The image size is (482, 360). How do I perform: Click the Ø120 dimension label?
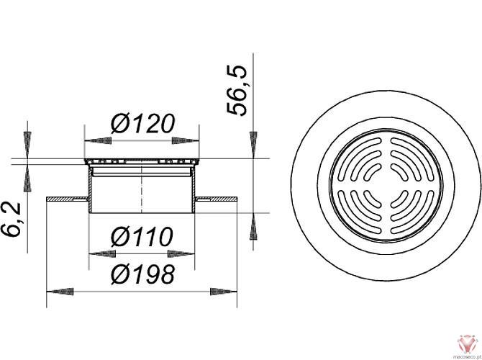point(142,124)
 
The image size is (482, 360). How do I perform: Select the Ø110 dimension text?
point(142,236)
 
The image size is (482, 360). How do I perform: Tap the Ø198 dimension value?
point(142,274)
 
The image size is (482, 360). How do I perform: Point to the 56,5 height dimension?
point(237,90)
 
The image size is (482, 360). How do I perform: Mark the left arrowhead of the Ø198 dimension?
point(56,292)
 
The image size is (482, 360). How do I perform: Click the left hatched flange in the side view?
point(66,198)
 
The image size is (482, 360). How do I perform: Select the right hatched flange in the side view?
point(217,198)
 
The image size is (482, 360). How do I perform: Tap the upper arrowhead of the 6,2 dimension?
point(27,147)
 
